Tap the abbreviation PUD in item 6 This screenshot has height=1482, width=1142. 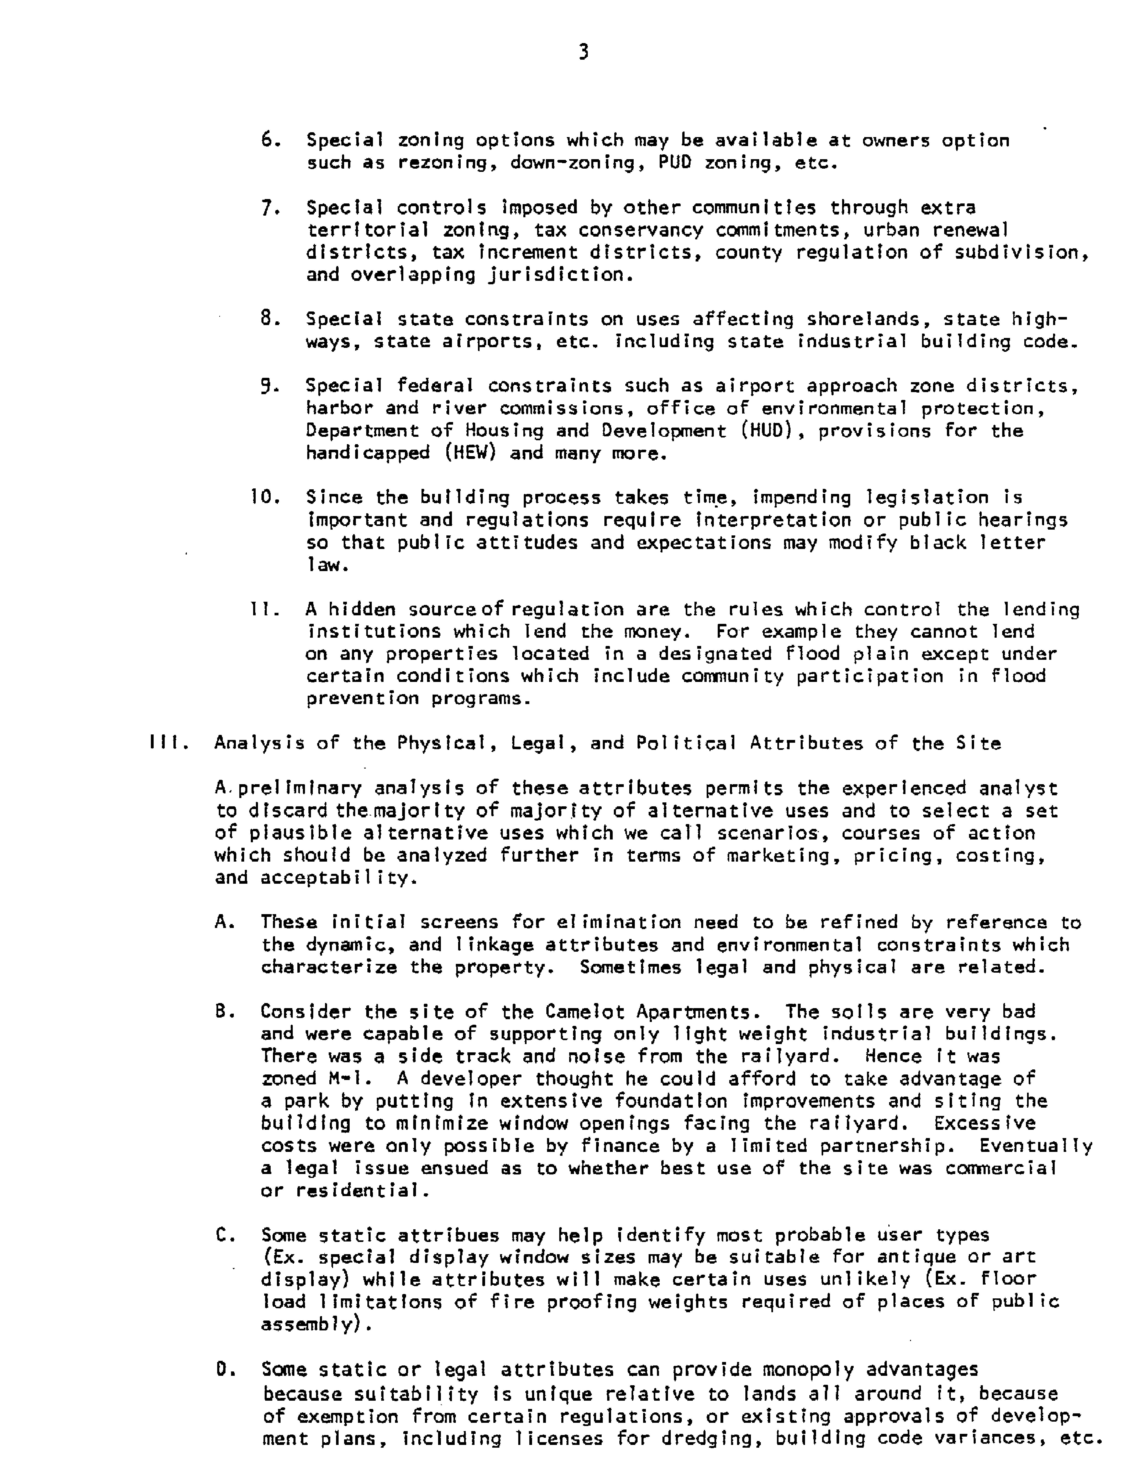675,163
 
